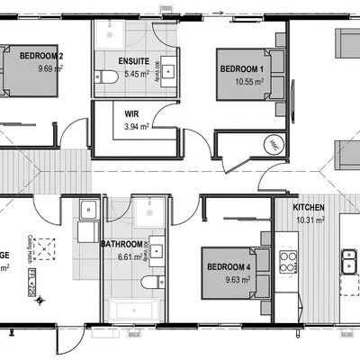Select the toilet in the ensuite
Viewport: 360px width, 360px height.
pyautogui.click(x=108, y=80)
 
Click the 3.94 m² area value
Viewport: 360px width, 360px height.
pyautogui.click(x=136, y=128)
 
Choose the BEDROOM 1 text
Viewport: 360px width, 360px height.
pyautogui.click(x=241, y=68)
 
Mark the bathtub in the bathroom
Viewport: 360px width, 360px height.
pyautogui.click(x=133, y=310)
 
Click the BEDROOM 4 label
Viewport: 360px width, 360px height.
pyautogui.click(x=228, y=267)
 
